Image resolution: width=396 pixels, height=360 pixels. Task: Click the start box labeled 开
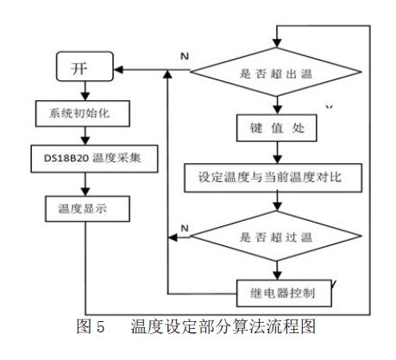[x=85, y=66]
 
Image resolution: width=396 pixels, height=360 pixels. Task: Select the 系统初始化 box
[x=83, y=113]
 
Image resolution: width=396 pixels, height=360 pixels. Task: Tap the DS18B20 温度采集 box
[x=94, y=159]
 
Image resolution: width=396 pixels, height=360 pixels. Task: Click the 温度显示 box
[x=87, y=209]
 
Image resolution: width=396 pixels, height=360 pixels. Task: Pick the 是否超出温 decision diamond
[x=276, y=72]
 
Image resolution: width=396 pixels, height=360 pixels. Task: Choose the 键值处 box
[x=277, y=128]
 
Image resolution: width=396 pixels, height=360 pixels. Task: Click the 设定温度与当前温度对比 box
[x=273, y=178]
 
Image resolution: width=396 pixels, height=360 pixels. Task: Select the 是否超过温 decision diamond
[x=276, y=236]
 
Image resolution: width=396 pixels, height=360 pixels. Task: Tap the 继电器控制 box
[x=284, y=293]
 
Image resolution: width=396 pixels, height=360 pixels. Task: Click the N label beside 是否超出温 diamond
[x=185, y=56]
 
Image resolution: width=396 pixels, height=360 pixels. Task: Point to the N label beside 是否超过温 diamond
[x=185, y=228]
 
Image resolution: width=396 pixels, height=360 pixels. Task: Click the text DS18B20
[x=66, y=158]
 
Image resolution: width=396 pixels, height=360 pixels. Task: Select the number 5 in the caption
[x=100, y=327]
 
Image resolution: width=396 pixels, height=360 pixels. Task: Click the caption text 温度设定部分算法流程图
[x=223, y=326]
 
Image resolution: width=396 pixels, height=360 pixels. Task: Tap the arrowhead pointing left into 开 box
[x=119, y=69]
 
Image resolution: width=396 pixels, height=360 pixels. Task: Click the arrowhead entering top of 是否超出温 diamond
[x=277, y=43]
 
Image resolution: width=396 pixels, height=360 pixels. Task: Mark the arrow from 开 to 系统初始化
[x=85, y=91]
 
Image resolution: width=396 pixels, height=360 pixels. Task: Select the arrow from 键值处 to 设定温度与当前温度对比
[x=277, y=153]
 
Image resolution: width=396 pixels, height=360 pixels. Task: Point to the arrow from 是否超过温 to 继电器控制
[x=277, y=270]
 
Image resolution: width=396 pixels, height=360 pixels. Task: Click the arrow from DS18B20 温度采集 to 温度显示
[x=85, y=184]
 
